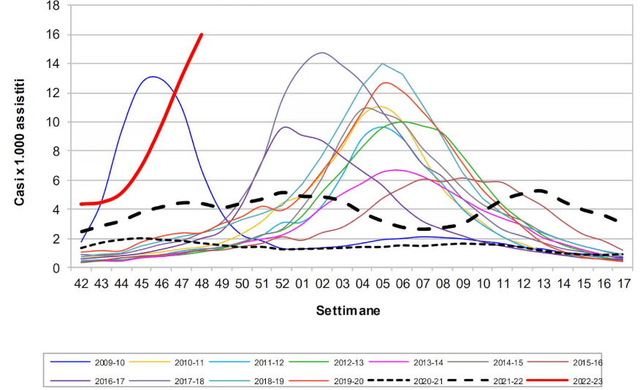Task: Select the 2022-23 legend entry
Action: click(x=588, y=379)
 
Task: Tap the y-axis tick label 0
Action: click(x=56, y=268)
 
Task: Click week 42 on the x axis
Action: click(x=82, y=282)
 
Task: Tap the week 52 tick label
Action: click(x=285, y=282)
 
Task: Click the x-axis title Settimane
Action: click(x=348, y=310)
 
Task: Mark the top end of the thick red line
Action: click(x=202, y=34)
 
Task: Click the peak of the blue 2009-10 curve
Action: click(x=152, y=77)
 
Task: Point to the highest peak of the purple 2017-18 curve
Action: click(x=322, y=53)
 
